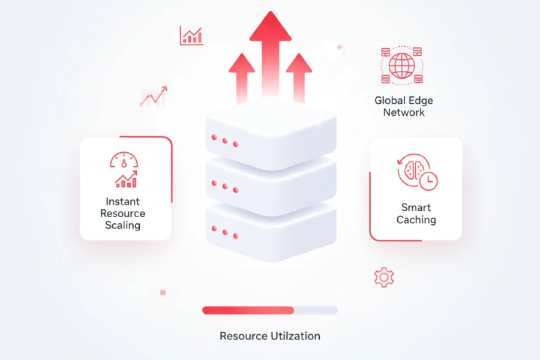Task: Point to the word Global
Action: (389, 100)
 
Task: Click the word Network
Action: (404, 112)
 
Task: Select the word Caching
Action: (416, 220)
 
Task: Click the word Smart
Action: (416, 208)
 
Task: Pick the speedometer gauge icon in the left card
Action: (124, 160)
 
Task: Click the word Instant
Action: (122, 202)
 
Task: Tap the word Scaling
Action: (122, 226)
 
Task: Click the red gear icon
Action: (383, 277)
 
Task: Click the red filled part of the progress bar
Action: (247, 310)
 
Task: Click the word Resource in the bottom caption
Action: (242, 336)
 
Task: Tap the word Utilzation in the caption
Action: (294, 336)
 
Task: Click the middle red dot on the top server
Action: (225, 141)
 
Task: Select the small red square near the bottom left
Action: (163, 292)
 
